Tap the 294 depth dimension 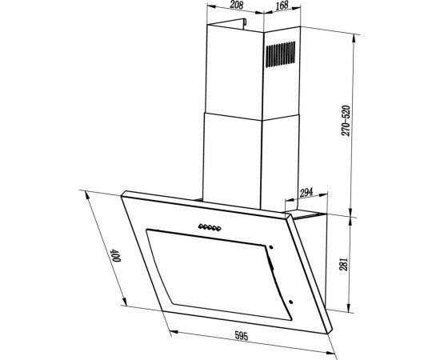coord(305,193)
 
